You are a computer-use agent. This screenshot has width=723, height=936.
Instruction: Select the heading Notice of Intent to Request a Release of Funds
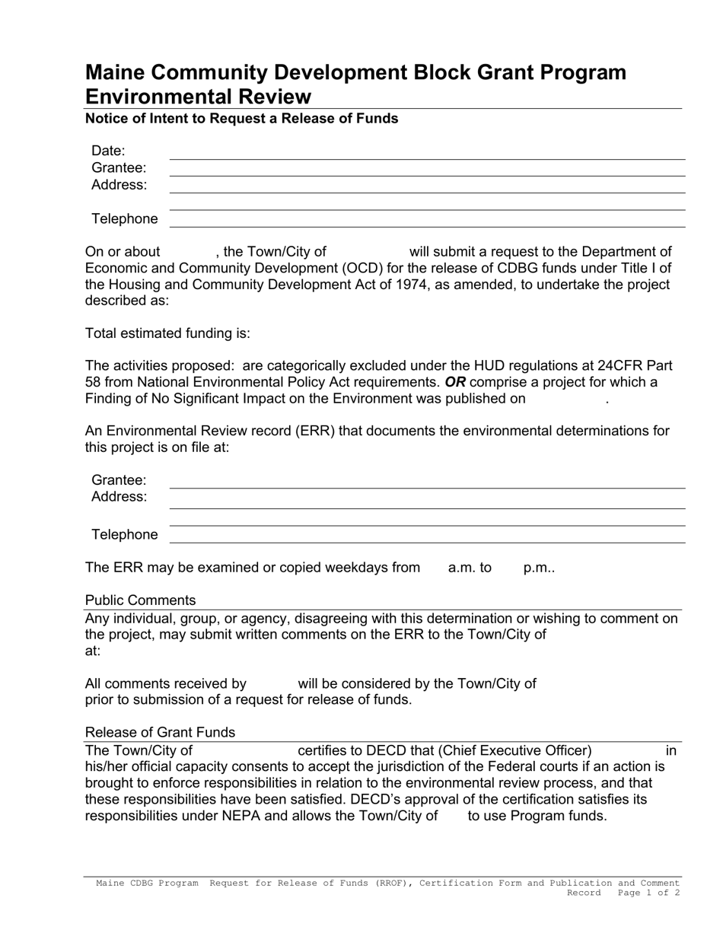click(x=241, y=119)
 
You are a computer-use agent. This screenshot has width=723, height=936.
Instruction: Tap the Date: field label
click(x=108, y=151)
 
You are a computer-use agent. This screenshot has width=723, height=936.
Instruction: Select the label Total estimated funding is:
click(x=167, y=333)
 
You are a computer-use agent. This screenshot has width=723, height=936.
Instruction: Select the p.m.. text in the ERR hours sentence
click(x=539, y=567)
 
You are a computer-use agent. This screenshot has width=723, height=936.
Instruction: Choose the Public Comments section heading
click(x=140, y=600)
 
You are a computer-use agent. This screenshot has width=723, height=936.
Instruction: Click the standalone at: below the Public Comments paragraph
click(x=93, y=651)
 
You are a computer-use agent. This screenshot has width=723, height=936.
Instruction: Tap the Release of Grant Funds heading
click(x=160, y=732)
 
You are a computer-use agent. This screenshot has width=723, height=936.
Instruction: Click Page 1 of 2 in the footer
click(x=648, y=893)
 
